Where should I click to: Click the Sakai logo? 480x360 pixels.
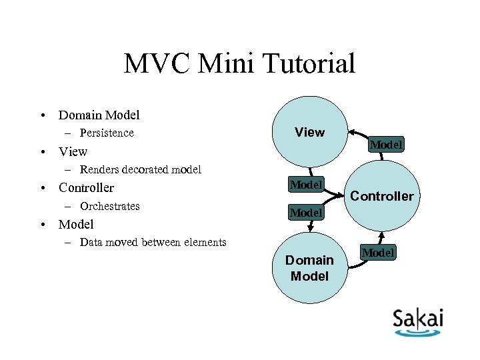(418, 321)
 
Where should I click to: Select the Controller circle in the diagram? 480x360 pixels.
(382, 196)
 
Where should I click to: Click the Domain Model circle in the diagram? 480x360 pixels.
(310, 267)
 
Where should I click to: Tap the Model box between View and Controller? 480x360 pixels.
(386, 145)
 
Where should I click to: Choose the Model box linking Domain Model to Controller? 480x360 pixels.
(378, 253)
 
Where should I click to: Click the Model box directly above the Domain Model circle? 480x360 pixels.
(305, 213)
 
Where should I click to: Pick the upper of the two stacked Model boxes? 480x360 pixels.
(305, 184)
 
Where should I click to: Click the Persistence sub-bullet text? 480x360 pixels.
(107, 133)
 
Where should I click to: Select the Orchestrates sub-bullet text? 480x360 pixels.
(109, 206)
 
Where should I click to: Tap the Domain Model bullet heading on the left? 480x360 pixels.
(99, 115)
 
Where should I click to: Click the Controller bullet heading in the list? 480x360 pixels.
(87, 188)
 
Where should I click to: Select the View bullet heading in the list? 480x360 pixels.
(73, 151)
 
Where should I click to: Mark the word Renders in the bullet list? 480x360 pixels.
(98, 169)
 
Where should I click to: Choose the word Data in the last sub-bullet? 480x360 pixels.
(91, 242)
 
